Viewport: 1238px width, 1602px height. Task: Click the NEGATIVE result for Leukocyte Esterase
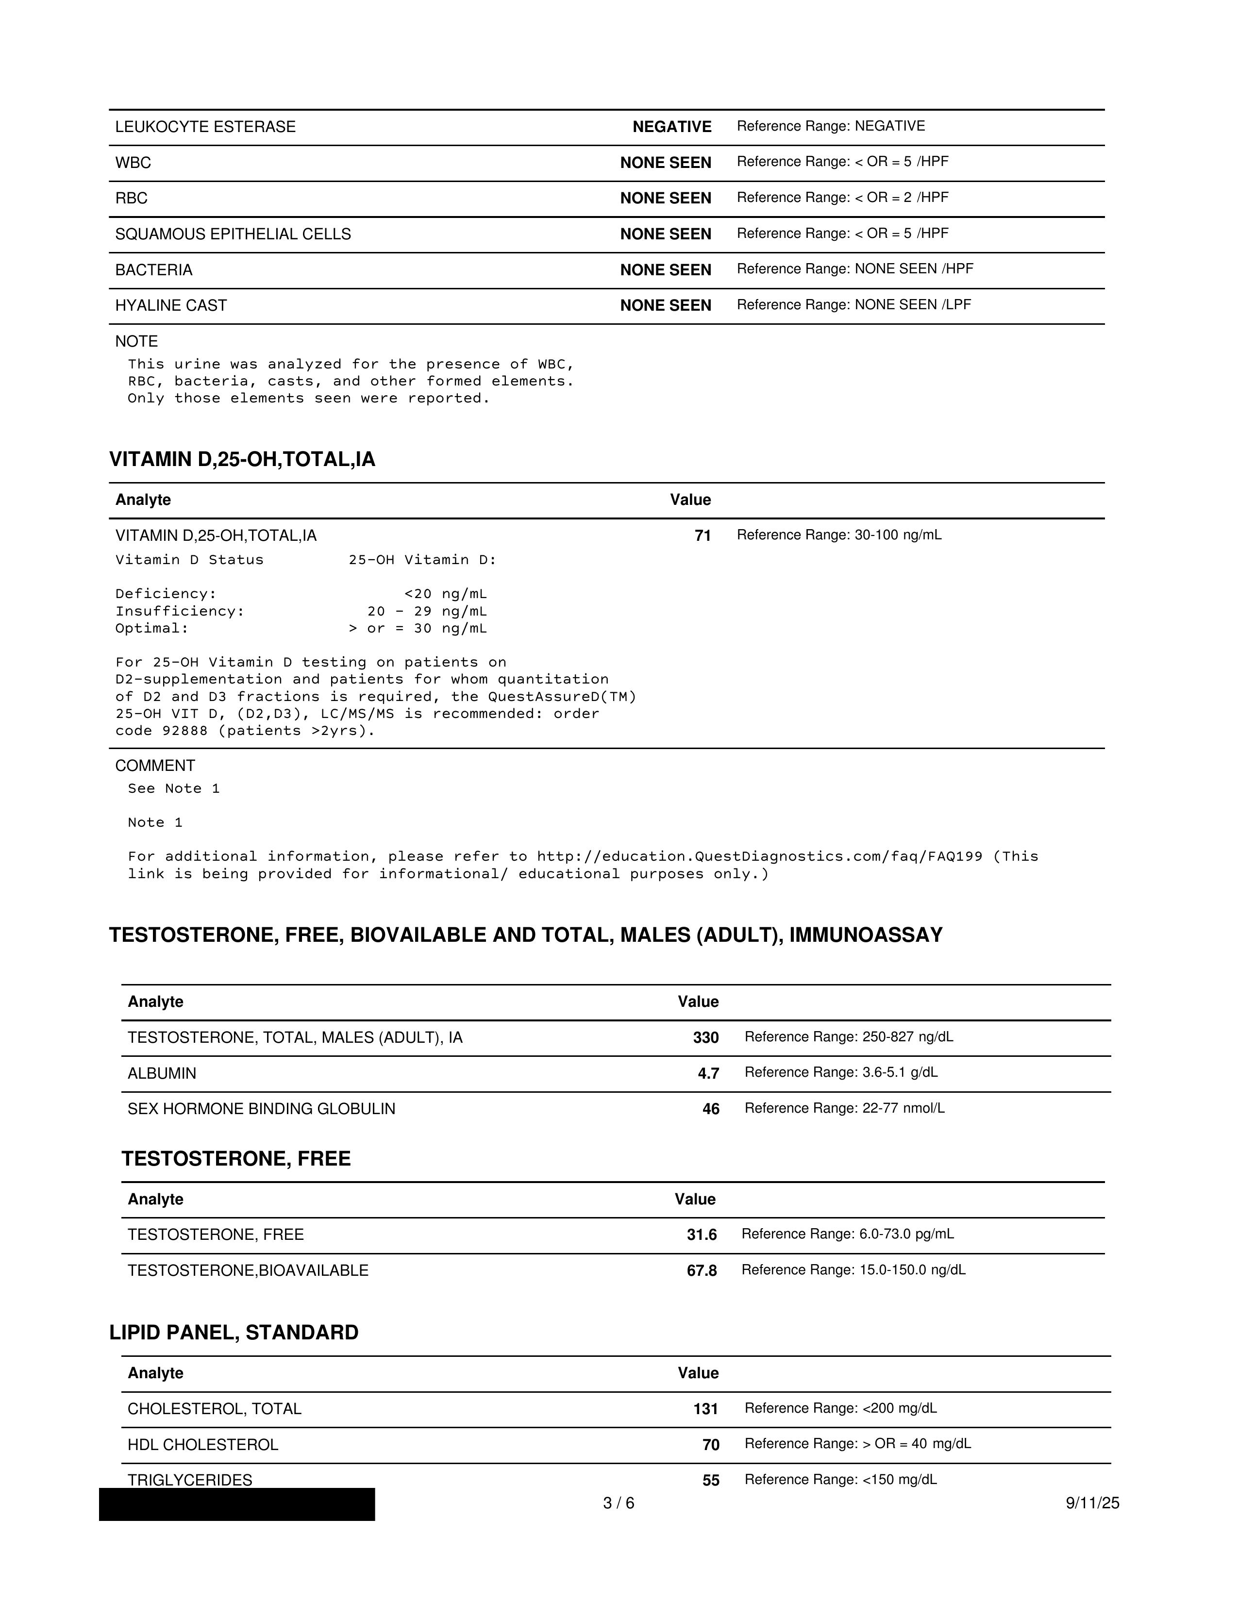tap(672, 127)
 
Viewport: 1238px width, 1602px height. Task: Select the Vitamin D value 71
tap(703, 536)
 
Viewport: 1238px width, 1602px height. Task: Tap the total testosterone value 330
tap(705, 1038)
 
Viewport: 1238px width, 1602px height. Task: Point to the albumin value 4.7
tap(708, 1074)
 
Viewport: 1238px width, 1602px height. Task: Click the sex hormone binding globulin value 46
tap(711, 1109)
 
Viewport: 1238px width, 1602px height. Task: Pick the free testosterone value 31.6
tap(702, 1235)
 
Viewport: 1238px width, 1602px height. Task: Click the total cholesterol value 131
tap(705, 1409)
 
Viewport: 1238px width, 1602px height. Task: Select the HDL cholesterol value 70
tap(711, 1445)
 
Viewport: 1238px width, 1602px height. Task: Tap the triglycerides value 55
tap(711, 1481)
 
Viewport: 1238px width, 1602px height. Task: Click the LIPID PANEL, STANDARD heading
tap(234, 1333)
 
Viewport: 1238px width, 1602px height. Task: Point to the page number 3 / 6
tap(618, 1504)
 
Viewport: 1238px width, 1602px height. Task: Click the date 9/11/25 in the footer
tap(1092, 1504)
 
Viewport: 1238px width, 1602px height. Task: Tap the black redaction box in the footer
tap(237, 1504)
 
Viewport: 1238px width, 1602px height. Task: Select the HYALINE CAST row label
tap(171, 306)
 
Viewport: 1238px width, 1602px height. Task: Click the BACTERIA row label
tap(154, 270)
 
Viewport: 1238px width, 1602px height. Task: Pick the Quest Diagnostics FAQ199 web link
tap(759, 857)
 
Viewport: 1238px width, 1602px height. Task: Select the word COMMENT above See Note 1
tap(155, 766)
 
